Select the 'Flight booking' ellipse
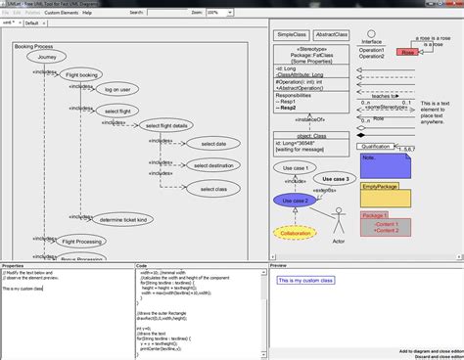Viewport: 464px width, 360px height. (x=82, y=74)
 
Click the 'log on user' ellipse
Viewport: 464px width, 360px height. (x=117, y=89)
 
